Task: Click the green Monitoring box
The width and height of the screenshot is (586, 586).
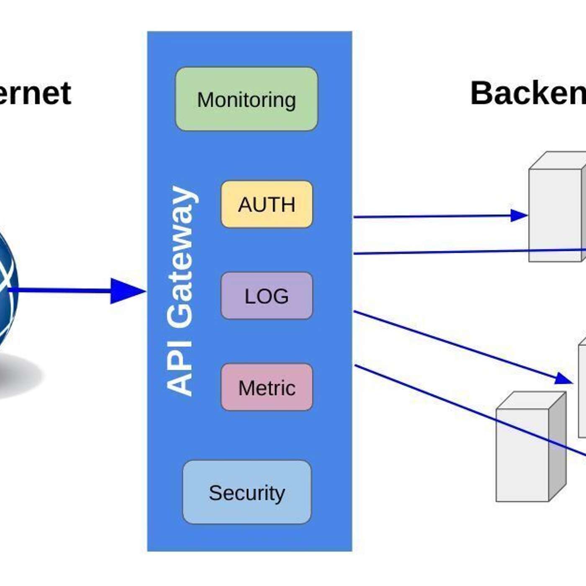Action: [247, 99]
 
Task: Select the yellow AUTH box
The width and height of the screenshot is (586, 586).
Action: [267, 204]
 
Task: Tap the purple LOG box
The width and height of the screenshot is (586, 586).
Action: [267, 296]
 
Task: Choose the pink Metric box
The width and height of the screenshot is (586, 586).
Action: [267, 387]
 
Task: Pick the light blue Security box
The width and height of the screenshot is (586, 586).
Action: [247, 492]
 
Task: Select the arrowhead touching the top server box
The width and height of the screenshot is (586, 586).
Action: [519, 216]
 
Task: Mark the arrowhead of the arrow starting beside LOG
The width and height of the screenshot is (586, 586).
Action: [563, 378]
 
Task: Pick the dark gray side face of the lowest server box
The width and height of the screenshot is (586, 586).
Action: [557, 448]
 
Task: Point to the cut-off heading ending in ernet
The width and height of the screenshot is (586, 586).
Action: [36, 93]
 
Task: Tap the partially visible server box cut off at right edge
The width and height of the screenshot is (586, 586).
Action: [582, 391]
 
